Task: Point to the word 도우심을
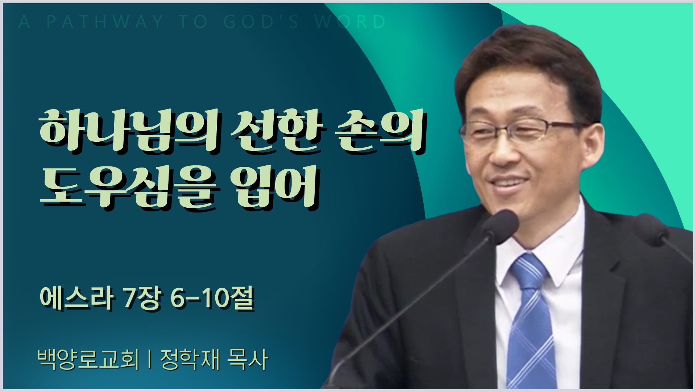pos(128,188)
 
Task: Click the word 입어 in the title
pos(275,188)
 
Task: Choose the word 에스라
pos(76,298)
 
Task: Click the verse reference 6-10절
pos(212,298)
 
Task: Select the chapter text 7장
pos(142,298)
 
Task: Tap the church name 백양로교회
pos(88,359)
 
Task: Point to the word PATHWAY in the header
pos(105,22)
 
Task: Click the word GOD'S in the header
pos(261,22)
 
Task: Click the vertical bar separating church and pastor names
pos(150,359)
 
